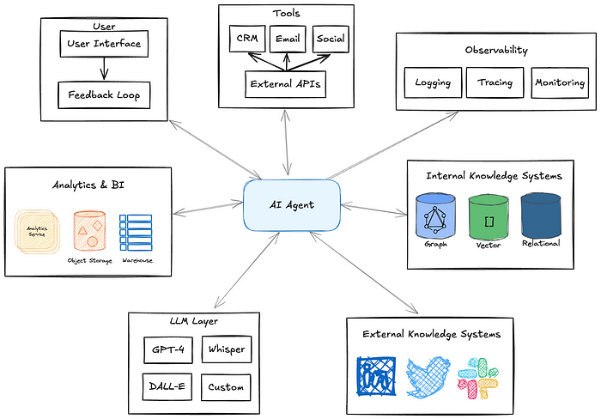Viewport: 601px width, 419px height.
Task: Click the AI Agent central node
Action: [x=292, y=205]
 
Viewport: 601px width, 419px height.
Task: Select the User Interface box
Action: [x=104, y=44]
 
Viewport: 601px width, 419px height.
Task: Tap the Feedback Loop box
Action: [x=104, y=95]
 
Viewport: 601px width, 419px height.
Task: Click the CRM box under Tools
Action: [x=247, y=39]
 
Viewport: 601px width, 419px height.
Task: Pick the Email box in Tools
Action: [x=288, y=39]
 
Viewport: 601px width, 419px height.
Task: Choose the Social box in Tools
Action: [x=331, y=39]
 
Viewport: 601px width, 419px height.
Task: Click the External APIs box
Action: [x=286, y=84]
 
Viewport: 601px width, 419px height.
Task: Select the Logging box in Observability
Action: [x=433, y=82]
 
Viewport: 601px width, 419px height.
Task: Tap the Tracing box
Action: [x=495, y=82]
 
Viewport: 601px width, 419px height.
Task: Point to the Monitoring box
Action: [x=560, y=82]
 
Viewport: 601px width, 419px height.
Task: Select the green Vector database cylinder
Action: [x=489, y=216]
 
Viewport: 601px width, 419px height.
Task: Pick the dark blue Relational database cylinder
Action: [x=541, y=215]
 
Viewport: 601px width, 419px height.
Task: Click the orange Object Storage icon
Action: [x=89, y=231]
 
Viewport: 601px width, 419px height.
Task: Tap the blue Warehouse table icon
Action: [x=136, y=233]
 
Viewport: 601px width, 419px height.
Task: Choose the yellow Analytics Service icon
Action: [x=37, y=232]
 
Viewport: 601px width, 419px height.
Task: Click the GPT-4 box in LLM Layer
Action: [x=168, y=350]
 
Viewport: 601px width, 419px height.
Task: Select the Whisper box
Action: [x=227, y=349]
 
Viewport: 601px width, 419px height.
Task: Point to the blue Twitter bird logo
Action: [x=428, y=377]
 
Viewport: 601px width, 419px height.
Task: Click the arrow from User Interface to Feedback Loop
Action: [x=104, y=69]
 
